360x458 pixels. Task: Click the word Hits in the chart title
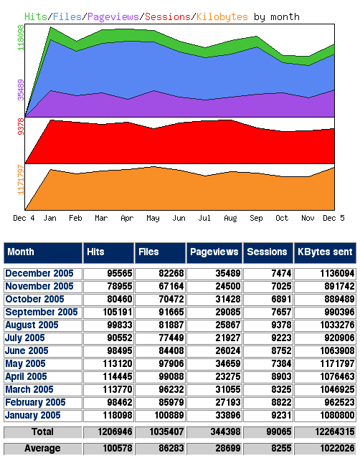tap(35, 16)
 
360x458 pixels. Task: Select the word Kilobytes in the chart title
tap(222, 16)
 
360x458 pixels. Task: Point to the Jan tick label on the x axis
tap(51, 217)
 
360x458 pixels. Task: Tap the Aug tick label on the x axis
tap(230, 217)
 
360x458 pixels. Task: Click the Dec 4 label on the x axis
tap(24, 217)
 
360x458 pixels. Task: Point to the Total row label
tap(42, 433)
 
